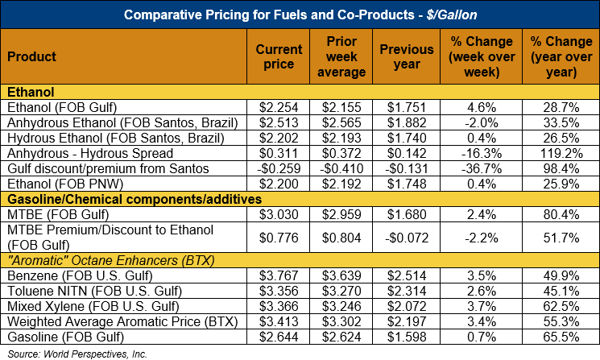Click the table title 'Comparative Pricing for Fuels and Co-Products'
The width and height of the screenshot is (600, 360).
[x=300, y=14]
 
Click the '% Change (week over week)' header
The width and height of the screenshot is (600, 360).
[x=481, y=56]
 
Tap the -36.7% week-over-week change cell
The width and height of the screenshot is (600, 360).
[x=481, y=169]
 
